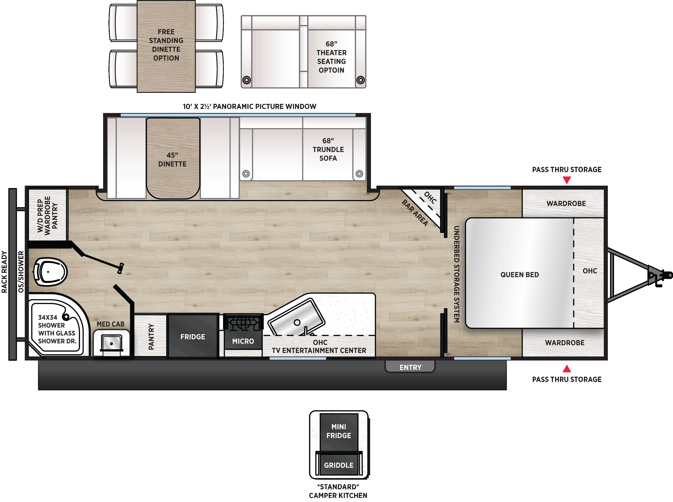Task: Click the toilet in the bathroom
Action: point(50,272)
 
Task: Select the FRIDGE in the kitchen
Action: point(193,336)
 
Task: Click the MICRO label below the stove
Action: point(243,341)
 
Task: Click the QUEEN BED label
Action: point(520,275)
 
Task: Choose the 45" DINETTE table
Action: point(173,158)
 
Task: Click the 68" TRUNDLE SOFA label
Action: point(328,150)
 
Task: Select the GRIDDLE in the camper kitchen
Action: point(338,465)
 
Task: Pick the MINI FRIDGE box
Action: point(338,432)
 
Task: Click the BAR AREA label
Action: point(415,213)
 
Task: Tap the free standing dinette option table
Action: point(166,46)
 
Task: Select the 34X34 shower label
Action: point(57,329)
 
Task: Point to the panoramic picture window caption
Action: point(249,106)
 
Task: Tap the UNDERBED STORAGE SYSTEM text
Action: point(457,274)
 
